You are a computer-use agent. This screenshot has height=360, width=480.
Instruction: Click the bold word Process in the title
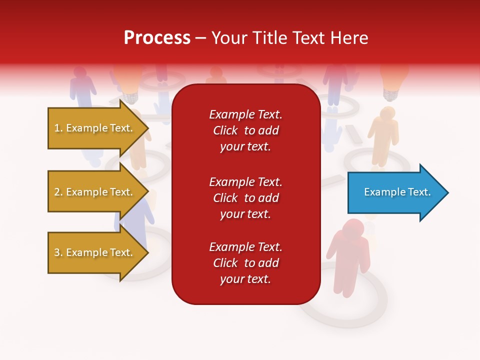(157, 38)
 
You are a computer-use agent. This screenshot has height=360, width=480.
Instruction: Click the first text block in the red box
(245, 130)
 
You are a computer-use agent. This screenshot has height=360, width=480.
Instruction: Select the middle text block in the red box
(245, 198)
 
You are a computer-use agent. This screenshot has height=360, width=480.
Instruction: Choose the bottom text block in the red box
(245, 263)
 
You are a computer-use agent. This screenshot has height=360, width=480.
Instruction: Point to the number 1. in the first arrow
(58, 128)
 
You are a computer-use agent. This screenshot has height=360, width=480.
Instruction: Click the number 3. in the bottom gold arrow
(58, 252)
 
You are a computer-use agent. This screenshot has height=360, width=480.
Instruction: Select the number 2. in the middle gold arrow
(58, 192)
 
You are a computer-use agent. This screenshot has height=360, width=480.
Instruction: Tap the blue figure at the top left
(82, 85)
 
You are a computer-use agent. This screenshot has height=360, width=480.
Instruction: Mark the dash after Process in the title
(200, 38)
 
